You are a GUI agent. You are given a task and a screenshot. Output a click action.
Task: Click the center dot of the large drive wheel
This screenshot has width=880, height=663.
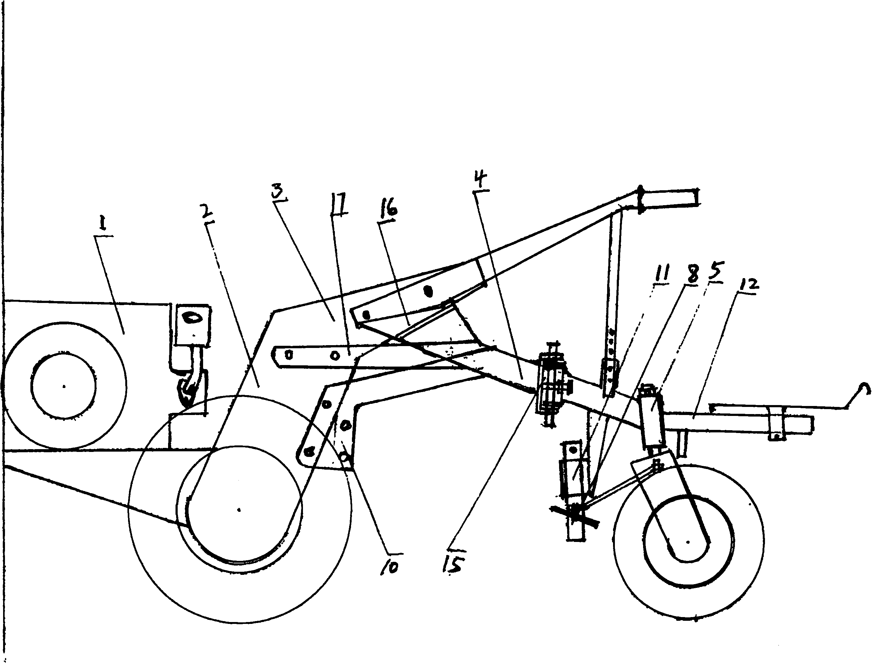[239, 510]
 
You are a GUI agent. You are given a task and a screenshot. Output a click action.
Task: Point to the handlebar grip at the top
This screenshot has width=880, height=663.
[669, 200]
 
